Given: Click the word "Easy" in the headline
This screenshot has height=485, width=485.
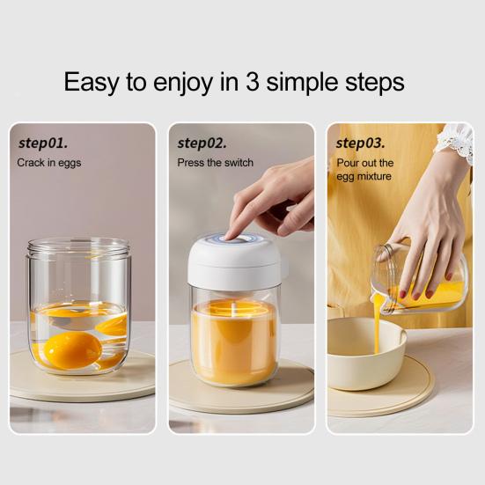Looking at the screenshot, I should coord(91,82).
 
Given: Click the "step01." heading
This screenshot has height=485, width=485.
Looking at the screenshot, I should coord(43,143).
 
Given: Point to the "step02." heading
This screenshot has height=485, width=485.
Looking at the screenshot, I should coord(202,143).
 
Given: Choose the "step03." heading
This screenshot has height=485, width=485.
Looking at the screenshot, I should coord(361,143).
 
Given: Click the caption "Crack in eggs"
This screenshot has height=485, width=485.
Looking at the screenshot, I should coord(49,163).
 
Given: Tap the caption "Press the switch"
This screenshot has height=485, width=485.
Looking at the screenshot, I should coord(215,163).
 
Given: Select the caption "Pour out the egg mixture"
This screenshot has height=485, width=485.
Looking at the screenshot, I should coord(364,170).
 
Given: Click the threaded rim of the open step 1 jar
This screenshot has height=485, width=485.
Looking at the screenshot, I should coord(78,246).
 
